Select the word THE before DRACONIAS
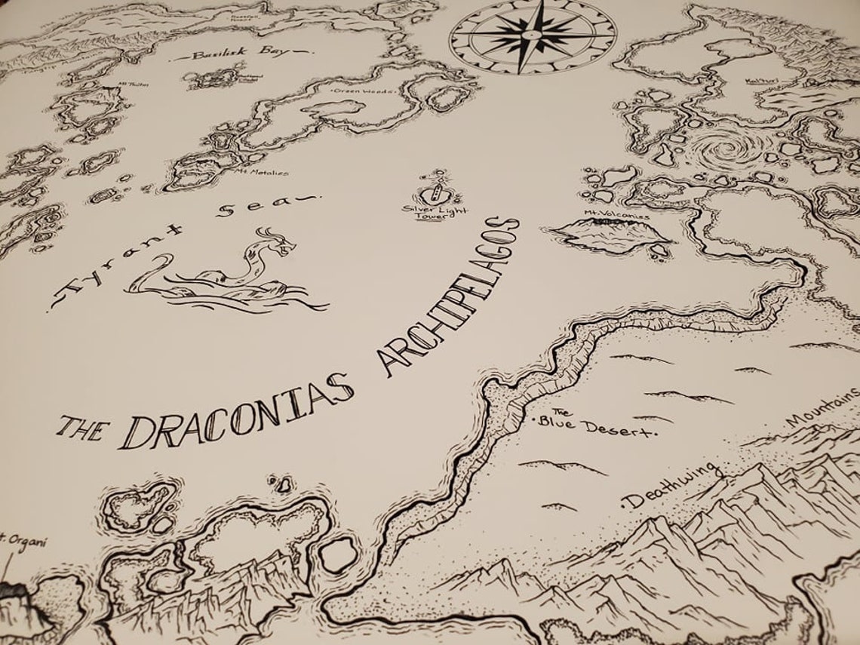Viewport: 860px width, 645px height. (x=81, y=428)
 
